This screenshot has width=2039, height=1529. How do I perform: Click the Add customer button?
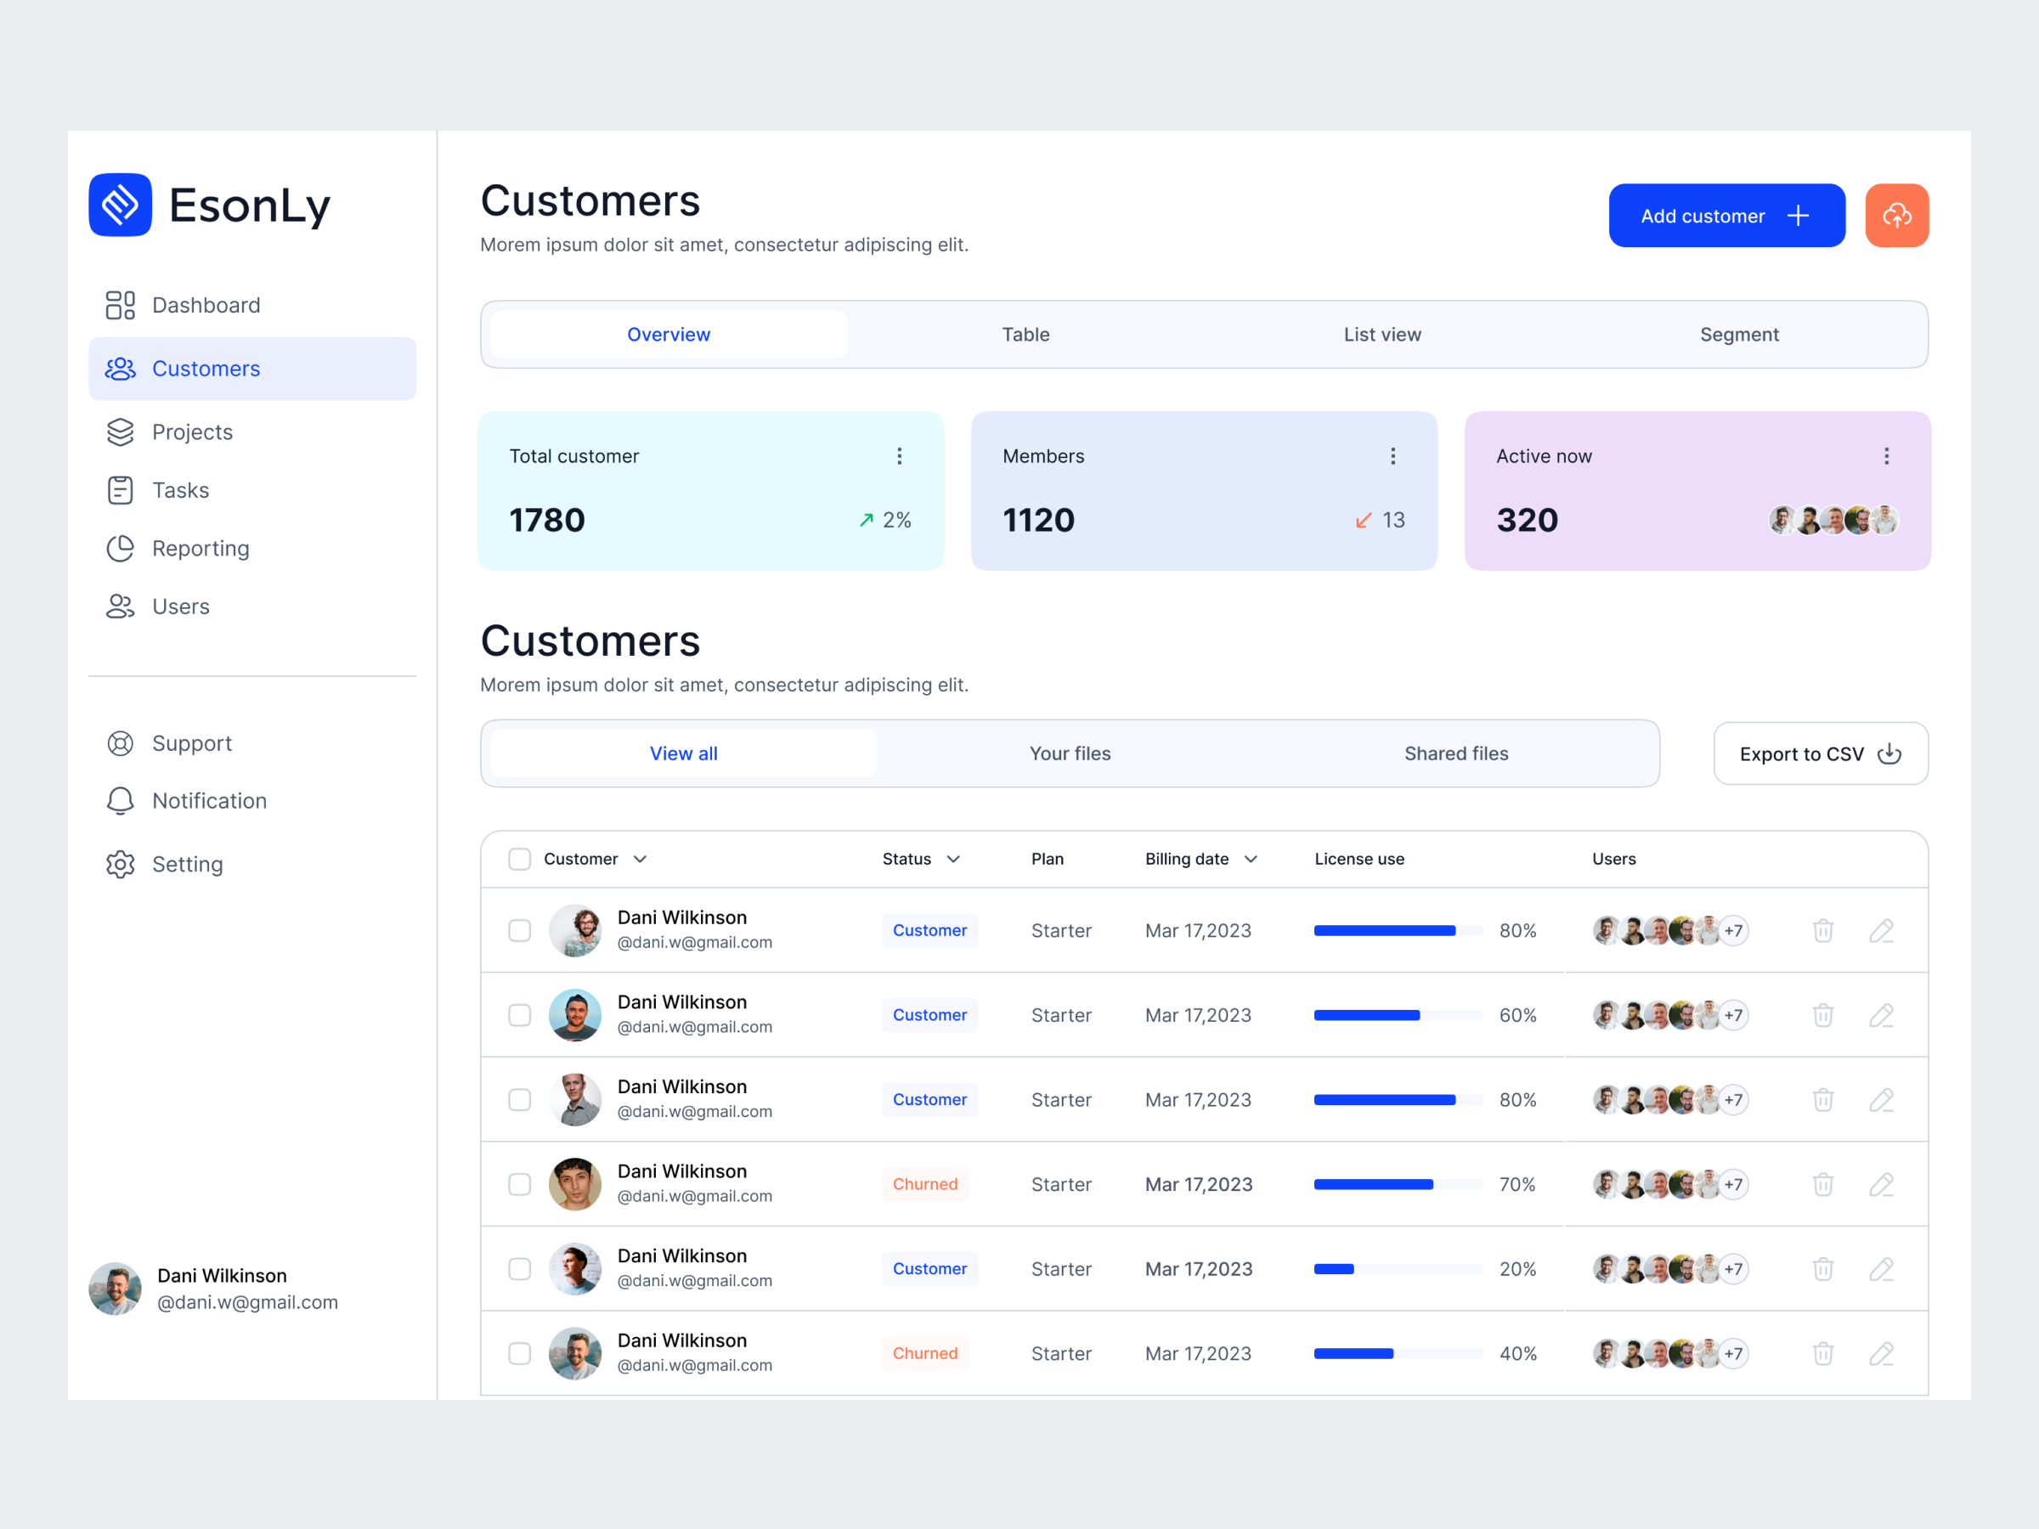click(x=1726, y=216)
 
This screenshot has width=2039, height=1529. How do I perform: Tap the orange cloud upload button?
click(x=1896, y=216)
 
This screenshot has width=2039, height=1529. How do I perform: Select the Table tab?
click(x=1025, y=335)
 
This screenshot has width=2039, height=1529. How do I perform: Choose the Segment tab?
click(x=1738, y=335)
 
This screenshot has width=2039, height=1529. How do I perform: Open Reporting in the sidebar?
click(x=200, y=549)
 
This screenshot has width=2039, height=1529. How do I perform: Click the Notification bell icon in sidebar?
click(x=121, y=801)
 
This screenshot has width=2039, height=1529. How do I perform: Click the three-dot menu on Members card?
click(x=1392, y=456)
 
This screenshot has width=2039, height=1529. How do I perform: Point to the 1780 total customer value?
click(x=546, y=521)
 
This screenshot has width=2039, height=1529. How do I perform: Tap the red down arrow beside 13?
click(x=1363, y=521)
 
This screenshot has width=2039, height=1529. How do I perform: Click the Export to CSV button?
click(x=1820, y=754)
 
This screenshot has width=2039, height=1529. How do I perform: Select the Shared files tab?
click(x=1455, y=754)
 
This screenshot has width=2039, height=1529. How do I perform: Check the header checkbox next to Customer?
click(x=520, y=859)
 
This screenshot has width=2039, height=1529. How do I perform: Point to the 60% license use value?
click(x=1517, y=1015)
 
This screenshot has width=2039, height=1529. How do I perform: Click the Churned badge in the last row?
click(x=924, y=1353)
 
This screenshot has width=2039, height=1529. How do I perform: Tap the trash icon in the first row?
click(x=1822, y=931)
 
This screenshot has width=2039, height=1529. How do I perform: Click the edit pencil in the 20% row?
click(x=1880, y=1269)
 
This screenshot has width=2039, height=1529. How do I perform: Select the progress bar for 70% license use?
click(x=1397, y=1184)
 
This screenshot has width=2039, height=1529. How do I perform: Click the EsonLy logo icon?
click(x=121, y=205)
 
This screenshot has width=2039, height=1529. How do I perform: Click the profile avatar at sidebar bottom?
click(x=116, y=1289)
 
